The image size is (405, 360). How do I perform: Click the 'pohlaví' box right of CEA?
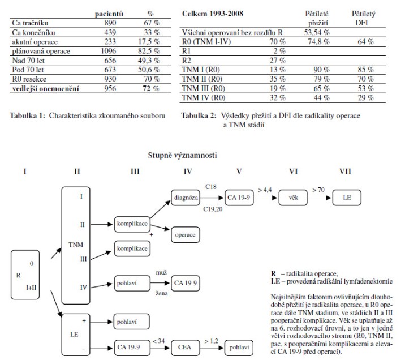(240, 345)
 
